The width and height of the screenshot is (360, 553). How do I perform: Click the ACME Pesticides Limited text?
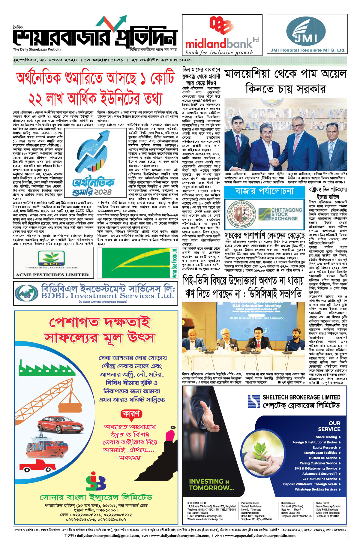(x=52, y=275)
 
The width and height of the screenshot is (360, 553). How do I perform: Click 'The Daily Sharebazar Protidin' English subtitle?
(x=37, y=50)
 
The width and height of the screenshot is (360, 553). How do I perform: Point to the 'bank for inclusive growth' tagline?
(x=219, y=53)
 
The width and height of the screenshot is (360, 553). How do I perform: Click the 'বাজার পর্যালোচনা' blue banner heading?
(x=264, y=191)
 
